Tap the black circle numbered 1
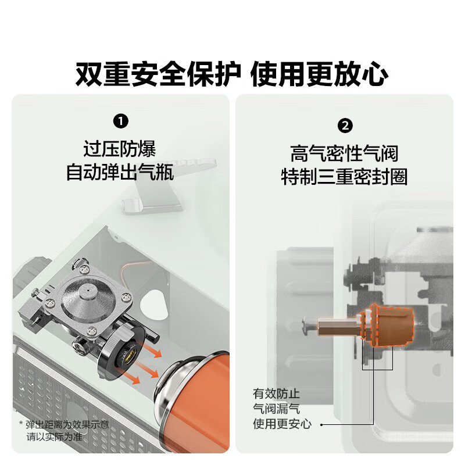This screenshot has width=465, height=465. point(120,121)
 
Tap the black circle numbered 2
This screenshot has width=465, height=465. point(345,125)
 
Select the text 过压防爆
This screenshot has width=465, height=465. point(120,149)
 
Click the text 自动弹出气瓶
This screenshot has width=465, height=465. point(120,173)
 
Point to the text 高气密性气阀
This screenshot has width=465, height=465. point(344,153)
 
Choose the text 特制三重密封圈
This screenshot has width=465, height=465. point(344,177)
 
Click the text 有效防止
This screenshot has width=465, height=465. point(276,394)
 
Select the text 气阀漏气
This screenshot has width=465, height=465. point(276,409)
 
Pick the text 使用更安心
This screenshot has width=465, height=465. point(282,424)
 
